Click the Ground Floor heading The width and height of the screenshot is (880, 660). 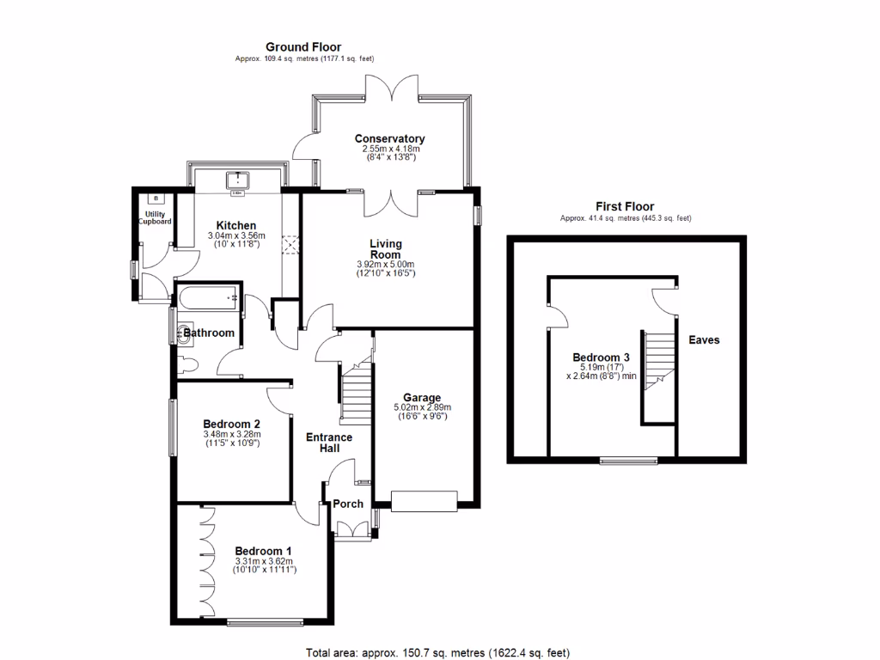pos(302,47)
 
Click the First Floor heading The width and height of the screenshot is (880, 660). pos(625,206)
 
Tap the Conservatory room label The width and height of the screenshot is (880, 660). pos(389,138)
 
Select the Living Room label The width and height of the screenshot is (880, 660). pos(386,248)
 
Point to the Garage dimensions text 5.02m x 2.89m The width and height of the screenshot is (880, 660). pos(423,407)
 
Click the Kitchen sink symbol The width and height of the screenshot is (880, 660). pos(236,180)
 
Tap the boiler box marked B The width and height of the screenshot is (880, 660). pos(156,199)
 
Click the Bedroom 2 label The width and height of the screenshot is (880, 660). pos(231,424)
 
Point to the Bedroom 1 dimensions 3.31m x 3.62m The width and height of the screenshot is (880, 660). pos(264,561)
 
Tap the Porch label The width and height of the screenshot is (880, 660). pos(348,504)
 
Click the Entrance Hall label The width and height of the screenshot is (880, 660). pos(329,443)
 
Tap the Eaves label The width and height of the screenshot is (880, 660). pos(704,339)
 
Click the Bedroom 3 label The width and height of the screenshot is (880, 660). pos(596,357)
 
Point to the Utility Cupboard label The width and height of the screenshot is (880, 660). pos(156,217)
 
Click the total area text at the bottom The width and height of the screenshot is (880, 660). pos(438,652)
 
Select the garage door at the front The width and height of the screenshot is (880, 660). pos(423,500)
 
